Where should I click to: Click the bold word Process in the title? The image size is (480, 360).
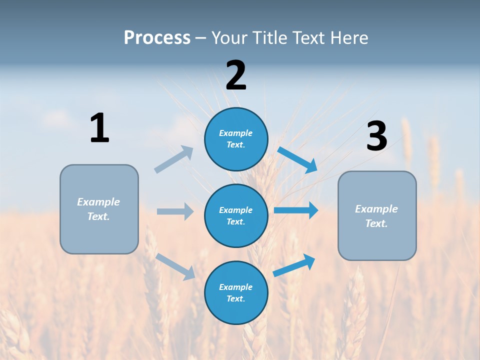157,37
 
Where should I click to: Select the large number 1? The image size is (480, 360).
99,128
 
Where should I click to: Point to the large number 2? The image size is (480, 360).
236,75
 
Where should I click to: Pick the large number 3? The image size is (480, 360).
376,136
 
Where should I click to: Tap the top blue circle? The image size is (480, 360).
236,139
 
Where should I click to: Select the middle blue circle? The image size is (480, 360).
236,215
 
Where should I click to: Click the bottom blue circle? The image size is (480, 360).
236,292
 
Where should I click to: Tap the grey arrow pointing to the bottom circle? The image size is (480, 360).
175,266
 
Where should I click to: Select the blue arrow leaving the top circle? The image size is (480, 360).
297,160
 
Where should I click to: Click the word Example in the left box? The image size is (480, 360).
98,202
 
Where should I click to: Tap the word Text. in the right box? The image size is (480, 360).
376,223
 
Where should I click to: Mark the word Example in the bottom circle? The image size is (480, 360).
236,287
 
